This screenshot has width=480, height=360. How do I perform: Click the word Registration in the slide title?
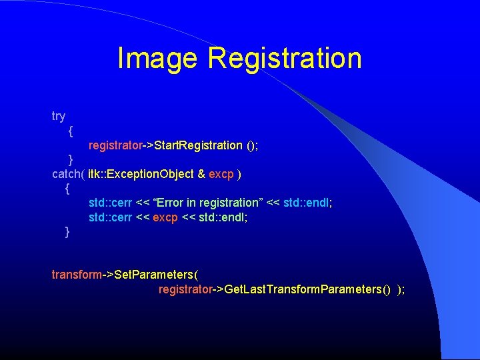285,58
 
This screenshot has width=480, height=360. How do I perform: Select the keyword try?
59,116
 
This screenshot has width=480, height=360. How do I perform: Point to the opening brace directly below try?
71,131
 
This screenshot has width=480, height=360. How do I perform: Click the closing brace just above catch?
71,159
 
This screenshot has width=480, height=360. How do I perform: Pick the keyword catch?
67,174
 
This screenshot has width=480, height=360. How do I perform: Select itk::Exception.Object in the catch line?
141,174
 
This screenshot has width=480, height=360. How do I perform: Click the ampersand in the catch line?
201,174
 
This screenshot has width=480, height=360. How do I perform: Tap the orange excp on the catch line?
221,174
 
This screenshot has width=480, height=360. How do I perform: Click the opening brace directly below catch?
67,189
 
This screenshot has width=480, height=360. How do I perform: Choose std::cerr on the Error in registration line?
111,203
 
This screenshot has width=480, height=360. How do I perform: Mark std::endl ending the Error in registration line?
307,203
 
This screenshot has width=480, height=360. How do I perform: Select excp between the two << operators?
165,217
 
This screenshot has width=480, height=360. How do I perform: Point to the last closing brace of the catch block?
67,232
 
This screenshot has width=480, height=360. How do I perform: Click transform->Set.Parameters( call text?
125,275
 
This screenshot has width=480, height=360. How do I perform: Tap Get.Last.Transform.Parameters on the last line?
303,289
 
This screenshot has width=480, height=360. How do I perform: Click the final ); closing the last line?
401,289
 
